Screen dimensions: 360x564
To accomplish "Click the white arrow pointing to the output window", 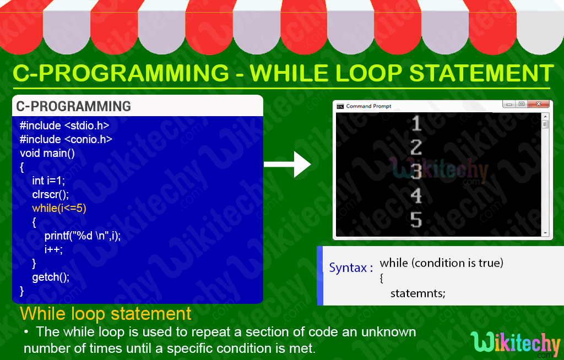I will point(288,164).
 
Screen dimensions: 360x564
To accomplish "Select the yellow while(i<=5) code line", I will point(59,209).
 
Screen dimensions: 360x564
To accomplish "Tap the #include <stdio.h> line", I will point(64,125).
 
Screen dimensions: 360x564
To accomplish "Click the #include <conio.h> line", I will point(66,139).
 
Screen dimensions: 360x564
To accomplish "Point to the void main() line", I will point(47,153).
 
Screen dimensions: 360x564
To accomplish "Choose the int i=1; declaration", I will point(48,181).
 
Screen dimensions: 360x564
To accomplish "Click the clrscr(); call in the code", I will point(51,194).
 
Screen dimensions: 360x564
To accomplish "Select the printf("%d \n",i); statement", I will point(83,236).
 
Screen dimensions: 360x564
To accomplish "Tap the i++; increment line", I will point(54,249).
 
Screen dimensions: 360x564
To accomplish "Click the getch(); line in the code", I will point(51,277).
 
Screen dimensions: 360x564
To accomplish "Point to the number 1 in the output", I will point(416,123).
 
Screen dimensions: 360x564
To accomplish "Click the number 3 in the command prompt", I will point(416,172).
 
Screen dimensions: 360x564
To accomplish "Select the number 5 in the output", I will point(416,220).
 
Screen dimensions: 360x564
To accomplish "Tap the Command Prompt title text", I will point(368,106).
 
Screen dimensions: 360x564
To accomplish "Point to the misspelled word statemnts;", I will point(417,293).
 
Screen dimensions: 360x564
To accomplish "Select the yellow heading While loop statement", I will point(106,314).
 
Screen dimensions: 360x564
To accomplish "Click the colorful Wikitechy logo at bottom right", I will point(516,343).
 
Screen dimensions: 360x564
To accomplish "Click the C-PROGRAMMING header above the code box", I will point(74,106).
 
